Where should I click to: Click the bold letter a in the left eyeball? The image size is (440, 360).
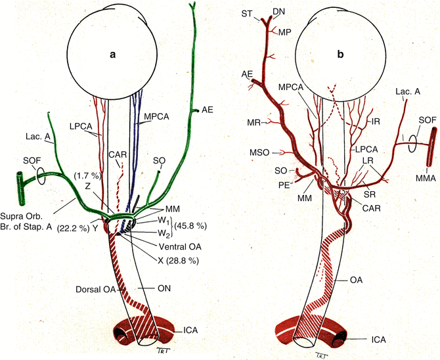(112, 55)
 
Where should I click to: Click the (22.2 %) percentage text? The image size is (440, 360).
(72, 228)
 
